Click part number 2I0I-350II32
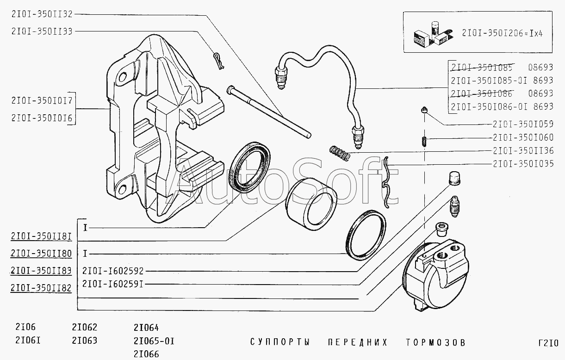tap(42, 14)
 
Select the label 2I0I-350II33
tap(42, 31)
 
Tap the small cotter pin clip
tap(219, 61)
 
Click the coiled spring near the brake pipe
tap(340, 154)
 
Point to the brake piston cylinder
tap(311, 204)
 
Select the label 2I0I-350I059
tap(523, 124)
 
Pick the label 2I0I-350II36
tap(523, 150)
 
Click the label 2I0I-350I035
tap(523, 164)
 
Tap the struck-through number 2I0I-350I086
tap(482, 93)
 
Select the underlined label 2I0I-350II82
tap(41, 288)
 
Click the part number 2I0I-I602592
tap(113, 271)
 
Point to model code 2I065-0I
tap(154, 341)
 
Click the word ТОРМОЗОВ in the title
tap(435, 342)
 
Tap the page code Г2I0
tap(548, 343)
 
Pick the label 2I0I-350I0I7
tap(42, 100)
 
